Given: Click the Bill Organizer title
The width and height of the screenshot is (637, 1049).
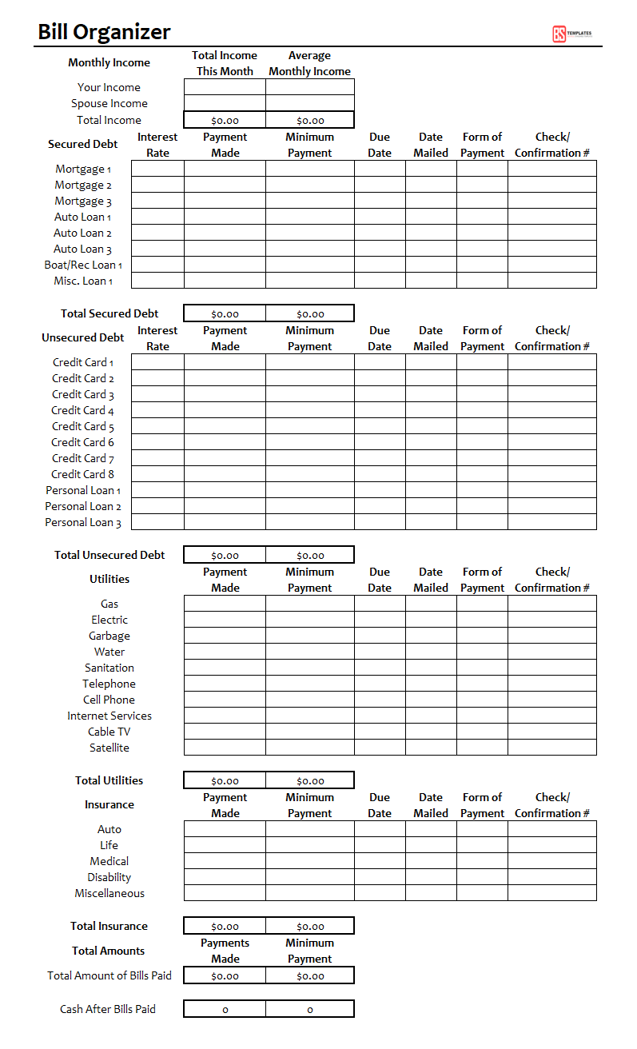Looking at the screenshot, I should click(x=104, y=32).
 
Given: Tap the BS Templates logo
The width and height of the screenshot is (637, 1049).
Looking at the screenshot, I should click(x=571, y=34).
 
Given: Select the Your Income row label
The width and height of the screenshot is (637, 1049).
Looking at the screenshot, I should click(x=109, y=87).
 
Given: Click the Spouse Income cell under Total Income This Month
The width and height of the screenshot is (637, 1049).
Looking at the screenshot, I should click(x=225, y=103).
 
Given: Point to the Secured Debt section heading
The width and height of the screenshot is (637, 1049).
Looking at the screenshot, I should click(x=82, y=144).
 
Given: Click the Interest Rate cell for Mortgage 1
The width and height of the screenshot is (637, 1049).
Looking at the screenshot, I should click(x=157, y=169).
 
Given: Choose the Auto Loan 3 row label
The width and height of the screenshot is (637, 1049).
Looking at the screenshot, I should click(x=82, y=249).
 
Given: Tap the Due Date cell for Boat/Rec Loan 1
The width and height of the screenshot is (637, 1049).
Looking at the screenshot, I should click(x=380, y=265).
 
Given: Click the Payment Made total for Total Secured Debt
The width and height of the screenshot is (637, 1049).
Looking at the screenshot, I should click(x=225, y=313).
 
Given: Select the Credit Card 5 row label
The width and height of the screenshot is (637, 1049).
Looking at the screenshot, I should click(x=83, y=426).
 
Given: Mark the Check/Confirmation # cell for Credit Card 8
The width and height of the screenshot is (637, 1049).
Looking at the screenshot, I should click(x=551, y=474).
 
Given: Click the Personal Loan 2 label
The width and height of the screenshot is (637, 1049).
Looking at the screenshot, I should click(x=83, y=506).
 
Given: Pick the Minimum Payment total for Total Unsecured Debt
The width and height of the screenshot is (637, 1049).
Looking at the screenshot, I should click(x=310, y=555).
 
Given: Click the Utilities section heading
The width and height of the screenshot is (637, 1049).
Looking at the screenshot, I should click(x=109, y=579).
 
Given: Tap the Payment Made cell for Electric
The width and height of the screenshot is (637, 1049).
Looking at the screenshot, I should click(x=225, y=620).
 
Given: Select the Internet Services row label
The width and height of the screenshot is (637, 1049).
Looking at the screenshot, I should click(x=109, y=716).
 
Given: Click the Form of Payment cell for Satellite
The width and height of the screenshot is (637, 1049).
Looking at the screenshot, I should click(x=482, y=748).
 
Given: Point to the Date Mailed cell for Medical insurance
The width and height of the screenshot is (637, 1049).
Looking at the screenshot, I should click(x=431, y=861).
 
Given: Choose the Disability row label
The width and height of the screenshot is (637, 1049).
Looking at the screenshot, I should click(x=109, y=877).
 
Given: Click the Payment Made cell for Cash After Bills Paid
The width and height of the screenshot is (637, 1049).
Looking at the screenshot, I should click(x=225, y=1009).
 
